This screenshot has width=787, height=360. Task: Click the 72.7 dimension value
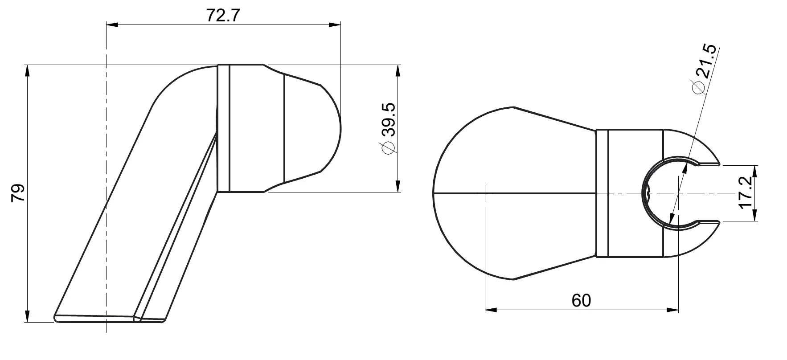223,16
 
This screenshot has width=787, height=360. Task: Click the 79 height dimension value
18,194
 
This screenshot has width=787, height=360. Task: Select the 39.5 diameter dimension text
389,119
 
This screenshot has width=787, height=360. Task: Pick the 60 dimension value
581,301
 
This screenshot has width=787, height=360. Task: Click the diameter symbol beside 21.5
697,87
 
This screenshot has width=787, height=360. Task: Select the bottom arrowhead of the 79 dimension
28,317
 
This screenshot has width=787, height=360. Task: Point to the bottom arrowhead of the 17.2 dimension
755,216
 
